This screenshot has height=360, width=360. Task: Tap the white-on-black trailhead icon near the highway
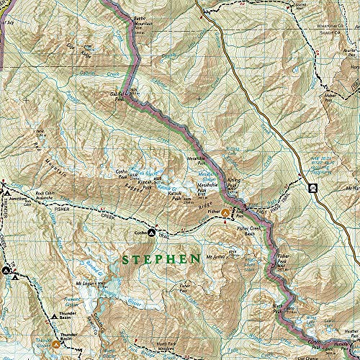[313, 189]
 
